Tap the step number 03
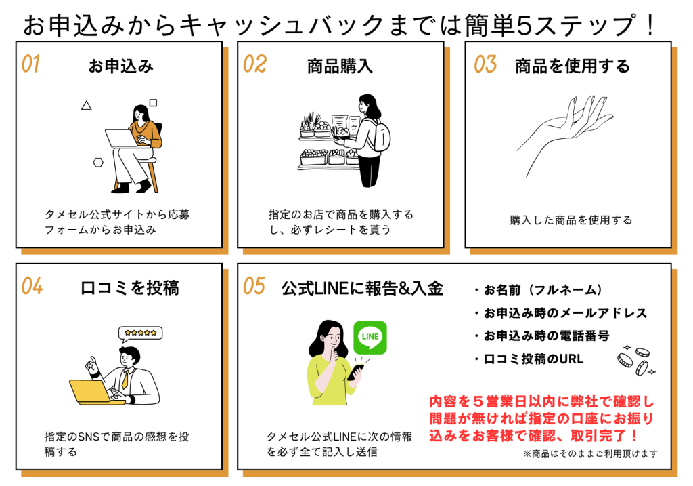click(485, 64)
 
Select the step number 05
click(254, 286)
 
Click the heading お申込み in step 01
click(121, 66)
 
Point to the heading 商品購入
click(340, 66)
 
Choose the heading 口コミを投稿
click(129, 287)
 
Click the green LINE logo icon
click(370, 337)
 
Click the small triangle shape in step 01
click(86, 105)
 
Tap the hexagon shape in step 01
click(98, 162)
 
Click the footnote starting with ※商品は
click(589, 453)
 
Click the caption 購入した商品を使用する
click(571, 220)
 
